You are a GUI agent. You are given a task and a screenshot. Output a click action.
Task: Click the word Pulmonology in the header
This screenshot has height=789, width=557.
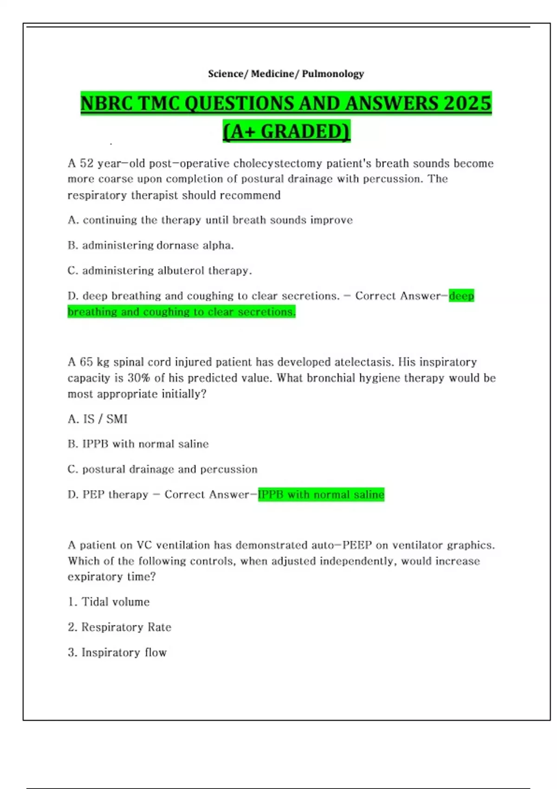coord(333,74)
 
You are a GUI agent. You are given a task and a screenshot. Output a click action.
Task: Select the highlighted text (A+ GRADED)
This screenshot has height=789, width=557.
coord(286,131)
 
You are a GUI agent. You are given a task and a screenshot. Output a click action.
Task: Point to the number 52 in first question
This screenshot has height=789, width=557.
coord(87,163)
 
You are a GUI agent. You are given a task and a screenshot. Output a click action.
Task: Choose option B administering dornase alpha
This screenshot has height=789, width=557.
coord(150,245)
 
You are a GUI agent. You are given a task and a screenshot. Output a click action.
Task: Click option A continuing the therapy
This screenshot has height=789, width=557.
coord(210,220)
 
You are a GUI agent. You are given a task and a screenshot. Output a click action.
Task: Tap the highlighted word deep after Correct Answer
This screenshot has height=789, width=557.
coord(461,296)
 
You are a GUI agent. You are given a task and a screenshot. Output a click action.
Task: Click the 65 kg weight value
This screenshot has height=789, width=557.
coord(94,362)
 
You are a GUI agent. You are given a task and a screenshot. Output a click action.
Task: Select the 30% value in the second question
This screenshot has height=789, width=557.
coord(139,378)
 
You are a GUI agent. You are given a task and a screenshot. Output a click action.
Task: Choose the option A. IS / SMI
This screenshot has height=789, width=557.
coord(97,419)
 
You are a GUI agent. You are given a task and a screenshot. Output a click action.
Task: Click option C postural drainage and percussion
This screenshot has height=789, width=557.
coord(162,469)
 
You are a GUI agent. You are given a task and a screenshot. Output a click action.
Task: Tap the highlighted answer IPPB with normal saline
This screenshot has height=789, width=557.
coord(321,495)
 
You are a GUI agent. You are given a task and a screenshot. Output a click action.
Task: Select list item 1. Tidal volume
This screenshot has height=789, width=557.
coord(109,602)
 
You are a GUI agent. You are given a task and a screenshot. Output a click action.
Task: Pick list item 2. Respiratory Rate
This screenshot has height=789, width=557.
coord(119,627)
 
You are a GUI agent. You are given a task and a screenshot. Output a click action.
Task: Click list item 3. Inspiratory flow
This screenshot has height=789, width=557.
coord(117,653)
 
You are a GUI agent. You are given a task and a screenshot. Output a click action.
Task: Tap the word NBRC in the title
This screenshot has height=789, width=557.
coord(106,103)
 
